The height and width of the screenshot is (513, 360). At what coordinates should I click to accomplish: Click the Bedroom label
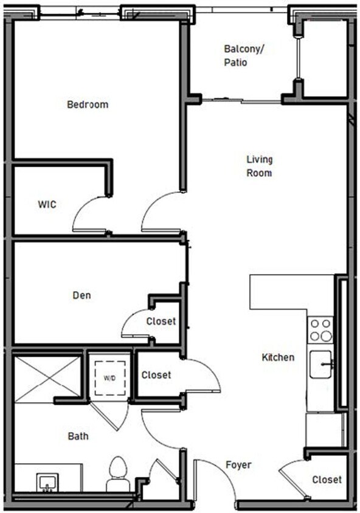click(88, 105)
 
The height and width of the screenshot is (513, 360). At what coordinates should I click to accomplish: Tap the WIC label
click(47, 205)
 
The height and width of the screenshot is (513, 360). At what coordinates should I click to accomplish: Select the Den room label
click(82, 296)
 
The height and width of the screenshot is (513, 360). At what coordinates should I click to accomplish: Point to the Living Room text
click(259, 166)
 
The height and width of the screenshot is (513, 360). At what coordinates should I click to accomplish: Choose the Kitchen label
click(278, 357)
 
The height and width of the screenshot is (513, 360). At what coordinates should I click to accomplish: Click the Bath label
click(78, 436)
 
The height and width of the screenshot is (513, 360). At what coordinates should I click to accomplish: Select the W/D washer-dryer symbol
click(109, 378)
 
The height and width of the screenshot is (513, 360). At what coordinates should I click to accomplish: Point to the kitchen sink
click(321, 365)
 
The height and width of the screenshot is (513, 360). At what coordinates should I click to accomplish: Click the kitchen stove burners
click(321, 329)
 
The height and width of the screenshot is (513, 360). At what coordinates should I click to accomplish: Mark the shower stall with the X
click(47, 379)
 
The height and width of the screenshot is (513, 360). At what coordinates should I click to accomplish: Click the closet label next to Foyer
click(327, 480)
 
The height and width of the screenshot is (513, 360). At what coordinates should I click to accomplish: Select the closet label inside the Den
click(161, 321)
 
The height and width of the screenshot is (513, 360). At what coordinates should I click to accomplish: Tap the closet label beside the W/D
click(156, 376)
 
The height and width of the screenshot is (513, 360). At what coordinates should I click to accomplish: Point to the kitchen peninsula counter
click(283, 292)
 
